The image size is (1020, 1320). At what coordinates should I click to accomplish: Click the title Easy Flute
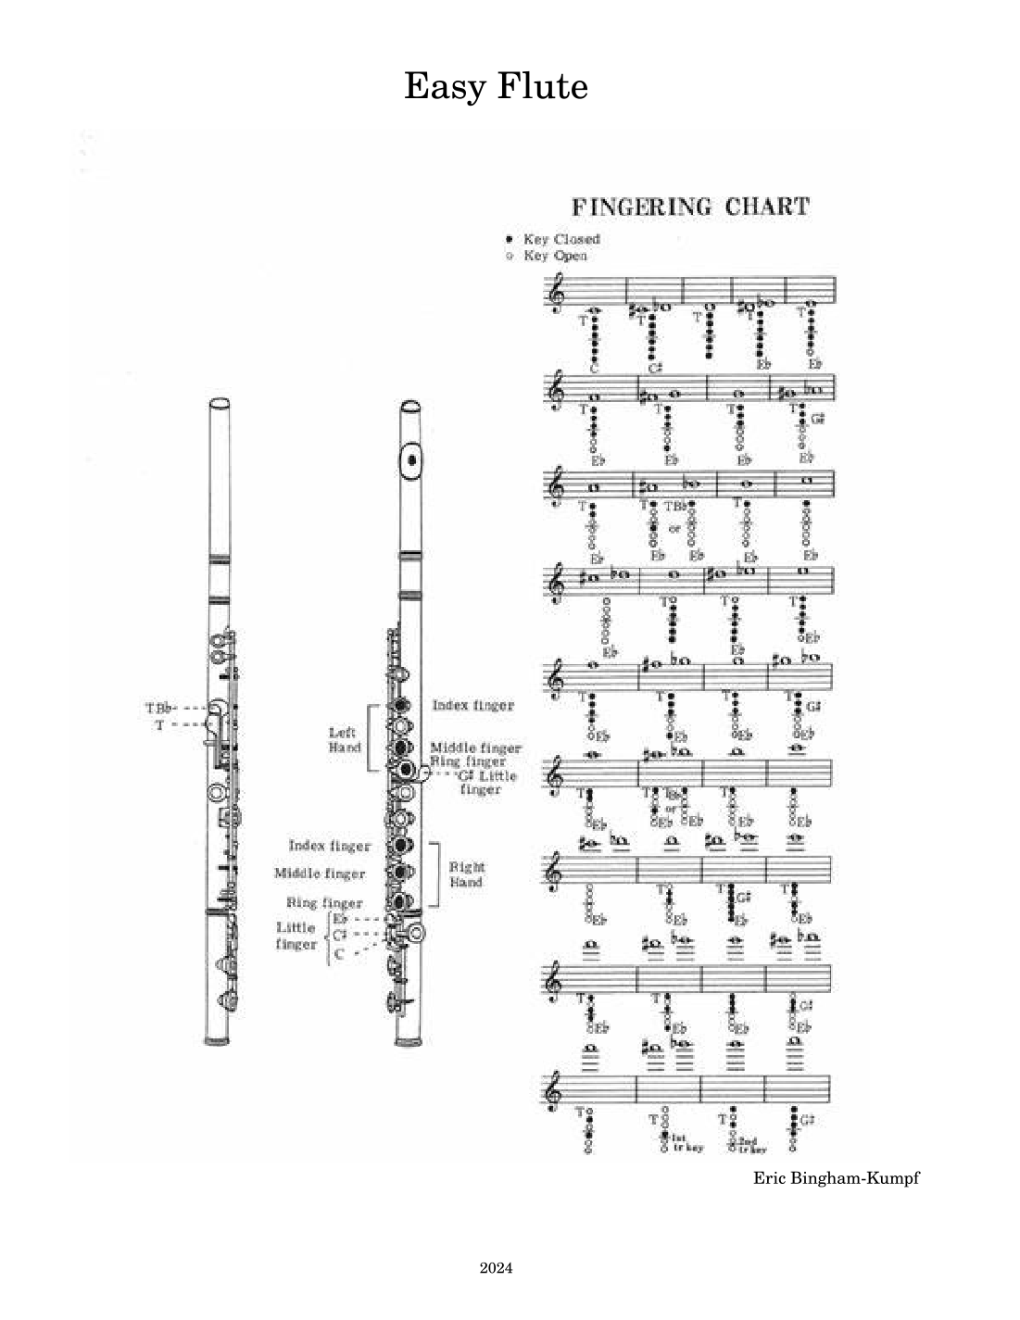[x=496, y=86]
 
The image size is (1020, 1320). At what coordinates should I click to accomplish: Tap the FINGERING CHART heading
[x=689, y=206]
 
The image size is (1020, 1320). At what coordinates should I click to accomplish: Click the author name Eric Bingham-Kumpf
[x=836, y=1178]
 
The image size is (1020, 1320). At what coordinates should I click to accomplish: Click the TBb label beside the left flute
[x=158, y=709]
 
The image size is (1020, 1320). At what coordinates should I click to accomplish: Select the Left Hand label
[x=344, y=739]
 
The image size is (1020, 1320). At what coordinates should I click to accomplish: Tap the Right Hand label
[x=466, y=874]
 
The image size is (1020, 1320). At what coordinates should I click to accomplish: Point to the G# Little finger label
[x=485, y=782]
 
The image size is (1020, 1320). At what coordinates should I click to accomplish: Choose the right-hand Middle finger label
[x=319, y=874]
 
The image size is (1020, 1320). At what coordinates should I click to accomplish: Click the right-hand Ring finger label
[x=323, y=902]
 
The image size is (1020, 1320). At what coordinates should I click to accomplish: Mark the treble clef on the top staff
[x=555, y=298]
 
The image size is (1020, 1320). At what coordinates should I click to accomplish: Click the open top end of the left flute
[x=219, y=404]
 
